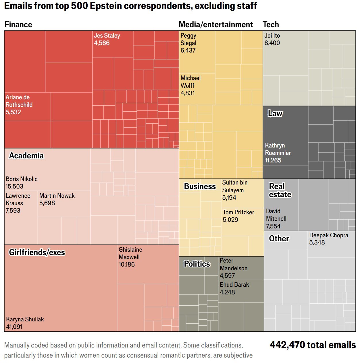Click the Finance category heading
point(18,25)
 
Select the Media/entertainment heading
point(216,25)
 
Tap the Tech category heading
point(271,25)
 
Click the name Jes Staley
point(107,36)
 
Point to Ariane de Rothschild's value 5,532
point(13,112)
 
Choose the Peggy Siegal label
point(188,39)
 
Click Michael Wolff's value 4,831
point(188,93)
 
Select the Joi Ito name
point(272,36)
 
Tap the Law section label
point(275,114)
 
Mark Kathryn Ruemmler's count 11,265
point(273,160)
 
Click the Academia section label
point(26,156)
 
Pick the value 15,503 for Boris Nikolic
point(14,187)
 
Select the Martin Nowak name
point(57,196)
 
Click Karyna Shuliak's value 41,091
point(14,327)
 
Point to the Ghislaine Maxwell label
point(130,253)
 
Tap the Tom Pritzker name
point(238,212)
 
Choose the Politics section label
point(197,264)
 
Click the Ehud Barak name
point(234,285)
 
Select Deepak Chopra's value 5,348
point(317,242)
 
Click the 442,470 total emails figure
point(313,345)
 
